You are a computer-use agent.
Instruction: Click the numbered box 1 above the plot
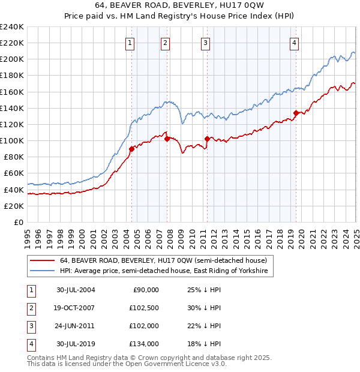130,43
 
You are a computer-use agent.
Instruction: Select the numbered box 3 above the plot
205,43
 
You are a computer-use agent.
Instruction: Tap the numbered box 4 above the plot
295,43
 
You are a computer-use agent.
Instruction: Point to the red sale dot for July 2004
131,149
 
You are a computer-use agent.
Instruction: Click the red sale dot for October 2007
167,139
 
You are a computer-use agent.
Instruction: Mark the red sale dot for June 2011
207,139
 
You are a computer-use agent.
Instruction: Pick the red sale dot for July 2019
296,113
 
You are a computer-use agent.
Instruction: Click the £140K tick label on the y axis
12,108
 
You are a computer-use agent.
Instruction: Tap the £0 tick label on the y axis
18,222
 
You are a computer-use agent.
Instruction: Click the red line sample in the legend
42,260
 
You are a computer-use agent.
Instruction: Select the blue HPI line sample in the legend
42,271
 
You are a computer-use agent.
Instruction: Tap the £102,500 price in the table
144,308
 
